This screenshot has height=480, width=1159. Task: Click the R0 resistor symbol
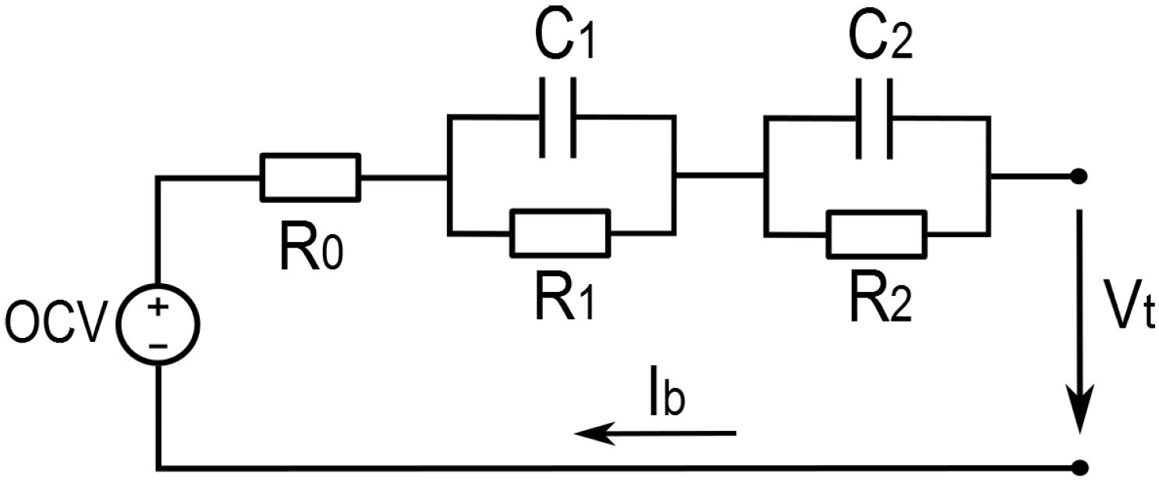click(310, 176)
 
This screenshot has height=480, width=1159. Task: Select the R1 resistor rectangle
click(560, 233)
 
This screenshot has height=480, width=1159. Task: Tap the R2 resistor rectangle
click(877, 233)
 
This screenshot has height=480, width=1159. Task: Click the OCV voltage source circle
click(158, 327)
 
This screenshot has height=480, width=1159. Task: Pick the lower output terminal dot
click(1079, 468)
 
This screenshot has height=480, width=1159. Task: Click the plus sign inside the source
click(158, 307)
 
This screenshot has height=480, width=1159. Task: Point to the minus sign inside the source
click(158, 346)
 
